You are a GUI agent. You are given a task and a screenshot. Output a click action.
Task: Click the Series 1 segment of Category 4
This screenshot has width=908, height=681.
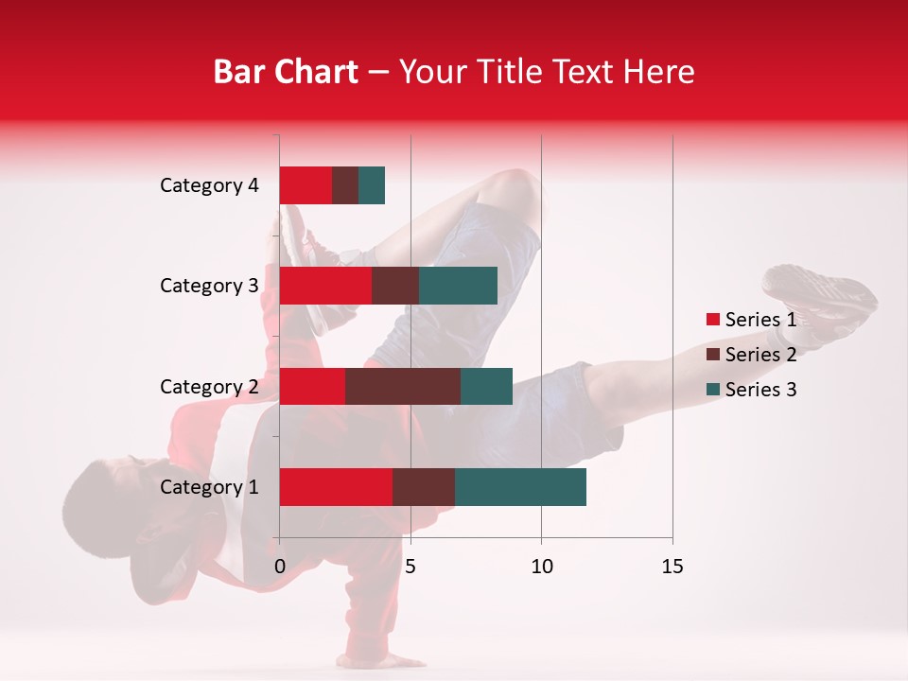pos(306,185)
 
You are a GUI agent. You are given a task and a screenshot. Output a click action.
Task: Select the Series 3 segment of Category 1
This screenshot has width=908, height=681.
pos(520,487)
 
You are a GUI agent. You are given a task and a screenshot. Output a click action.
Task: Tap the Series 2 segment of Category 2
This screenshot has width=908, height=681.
pos(403,386)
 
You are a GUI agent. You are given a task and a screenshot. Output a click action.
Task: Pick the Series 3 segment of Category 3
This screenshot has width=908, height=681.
pos(458,286)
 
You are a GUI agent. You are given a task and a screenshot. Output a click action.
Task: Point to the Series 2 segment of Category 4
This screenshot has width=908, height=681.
pos(345,185)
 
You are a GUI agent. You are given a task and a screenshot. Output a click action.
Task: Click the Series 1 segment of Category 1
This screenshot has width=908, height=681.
pos(336,487)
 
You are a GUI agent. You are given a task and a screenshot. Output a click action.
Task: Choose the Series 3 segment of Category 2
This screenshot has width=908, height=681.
pos(486,386)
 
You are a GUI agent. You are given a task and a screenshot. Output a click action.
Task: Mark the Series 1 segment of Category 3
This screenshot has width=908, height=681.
pos(325,286)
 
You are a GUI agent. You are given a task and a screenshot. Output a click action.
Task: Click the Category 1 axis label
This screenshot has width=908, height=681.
pos(209,487)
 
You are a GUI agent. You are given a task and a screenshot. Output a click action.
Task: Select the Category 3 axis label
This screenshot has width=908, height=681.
pos(209,286)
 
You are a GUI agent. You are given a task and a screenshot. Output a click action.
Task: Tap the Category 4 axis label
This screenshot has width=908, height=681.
pos(209,185)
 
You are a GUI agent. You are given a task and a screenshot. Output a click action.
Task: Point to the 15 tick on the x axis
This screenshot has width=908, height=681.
pos(672,567)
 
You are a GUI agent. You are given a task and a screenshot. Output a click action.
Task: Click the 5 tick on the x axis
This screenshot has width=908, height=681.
pos(410,567)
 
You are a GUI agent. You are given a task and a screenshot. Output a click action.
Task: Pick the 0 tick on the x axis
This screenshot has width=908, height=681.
pos(280,567)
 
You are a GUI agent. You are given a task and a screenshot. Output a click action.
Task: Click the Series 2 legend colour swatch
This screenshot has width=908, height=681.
pos(712,355)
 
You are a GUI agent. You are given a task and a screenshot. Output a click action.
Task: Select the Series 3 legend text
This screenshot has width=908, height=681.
pos(760,390)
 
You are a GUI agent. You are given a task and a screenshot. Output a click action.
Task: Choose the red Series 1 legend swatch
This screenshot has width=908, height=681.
pos(712,320)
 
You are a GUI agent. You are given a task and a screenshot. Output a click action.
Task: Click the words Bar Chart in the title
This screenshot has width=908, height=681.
pos(285,71)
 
